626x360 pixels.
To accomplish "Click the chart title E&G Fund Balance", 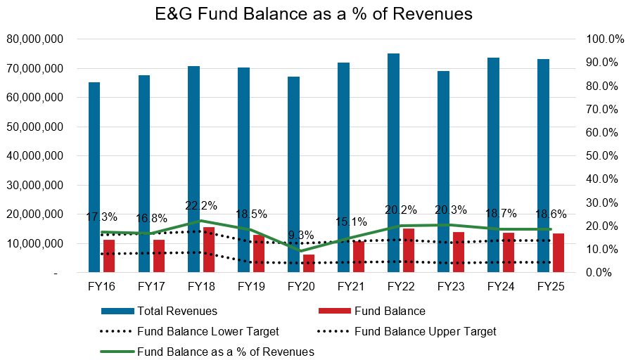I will (313, 14).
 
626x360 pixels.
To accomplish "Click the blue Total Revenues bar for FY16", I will (94, 176).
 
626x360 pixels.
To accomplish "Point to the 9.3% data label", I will (301, 236).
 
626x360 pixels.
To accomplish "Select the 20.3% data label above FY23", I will (452, 210).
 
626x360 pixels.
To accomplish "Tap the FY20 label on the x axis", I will (302, 287).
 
